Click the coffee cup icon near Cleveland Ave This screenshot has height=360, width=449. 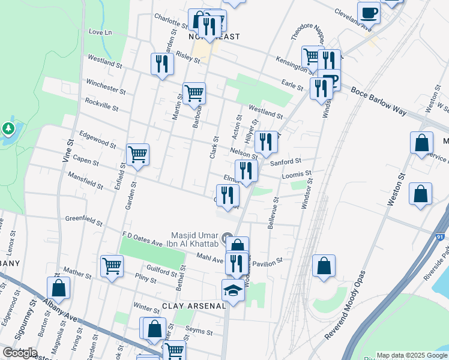[369, 13]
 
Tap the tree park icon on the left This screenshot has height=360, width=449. [8, 129]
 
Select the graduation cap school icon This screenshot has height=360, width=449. [233, 291]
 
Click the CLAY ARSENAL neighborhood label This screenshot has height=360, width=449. [193, 305]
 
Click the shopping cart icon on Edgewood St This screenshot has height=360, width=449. [138, 155]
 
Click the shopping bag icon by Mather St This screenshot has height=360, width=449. [58, 289]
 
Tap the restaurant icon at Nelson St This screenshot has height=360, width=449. [265, 142]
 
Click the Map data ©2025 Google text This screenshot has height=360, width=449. [412, 355]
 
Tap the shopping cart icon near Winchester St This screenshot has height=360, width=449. [194, 93]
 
